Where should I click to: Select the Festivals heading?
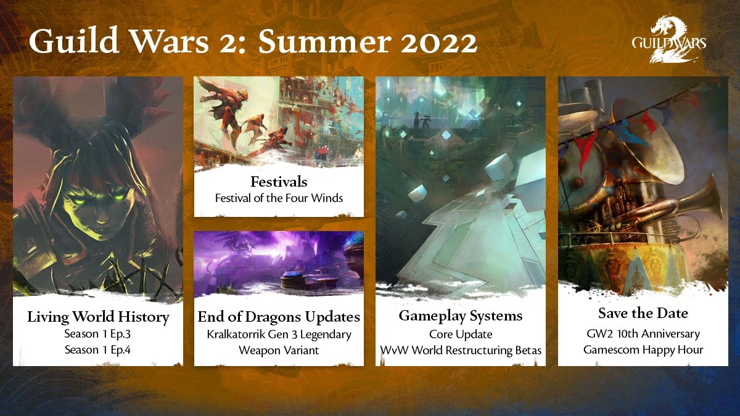pos(279,182)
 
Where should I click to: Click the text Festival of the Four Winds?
pos(279,198)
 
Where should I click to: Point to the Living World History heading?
pos(98,317)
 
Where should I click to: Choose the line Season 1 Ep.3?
pos(98,335)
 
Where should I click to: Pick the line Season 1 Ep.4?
pos(98,350)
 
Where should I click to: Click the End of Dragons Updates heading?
pos(279,317)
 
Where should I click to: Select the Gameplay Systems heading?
pos(460,316)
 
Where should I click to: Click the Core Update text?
pos(460,334)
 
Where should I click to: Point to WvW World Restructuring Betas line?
pos(460,350)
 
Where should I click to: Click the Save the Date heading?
pos(643,313)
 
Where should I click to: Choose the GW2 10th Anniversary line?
pos(643,334)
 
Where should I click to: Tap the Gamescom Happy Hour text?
pos(643,350)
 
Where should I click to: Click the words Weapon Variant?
pos(279,350)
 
